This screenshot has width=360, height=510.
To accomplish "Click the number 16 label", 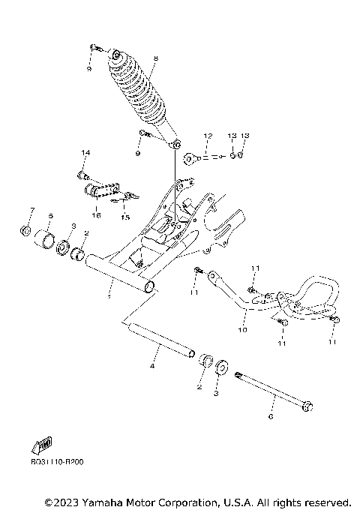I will (95, 214).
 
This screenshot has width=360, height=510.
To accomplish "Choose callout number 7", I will (31, 209).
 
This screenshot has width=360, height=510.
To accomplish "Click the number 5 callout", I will (50, 216).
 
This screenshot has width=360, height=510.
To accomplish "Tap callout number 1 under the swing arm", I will (109, 297).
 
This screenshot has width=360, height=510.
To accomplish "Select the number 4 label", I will (152, 366).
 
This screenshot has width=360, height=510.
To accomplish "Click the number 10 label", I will (242, 328).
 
